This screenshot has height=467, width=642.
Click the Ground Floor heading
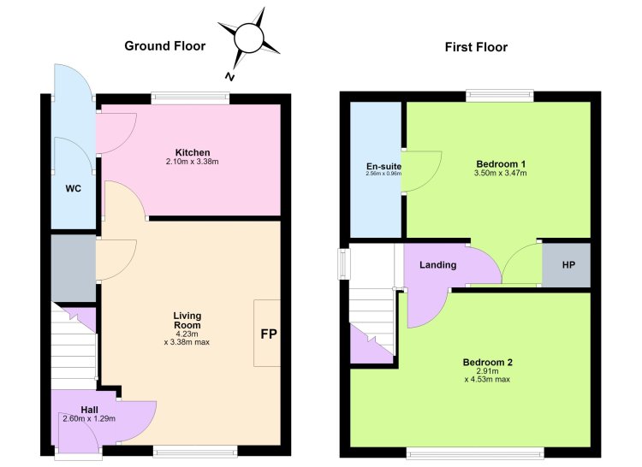click(164, 46)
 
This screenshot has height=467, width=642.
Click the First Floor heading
click(476, 47)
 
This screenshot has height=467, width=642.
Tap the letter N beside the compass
click(229, 76)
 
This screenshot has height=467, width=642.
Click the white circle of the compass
click(248, 38)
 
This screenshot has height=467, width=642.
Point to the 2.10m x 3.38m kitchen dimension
click(192, 162)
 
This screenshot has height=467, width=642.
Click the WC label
click(74, 188)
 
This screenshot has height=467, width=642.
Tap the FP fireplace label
click(269, 334)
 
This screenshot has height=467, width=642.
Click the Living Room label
click(187, 320)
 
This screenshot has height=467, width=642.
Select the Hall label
click(89, 410)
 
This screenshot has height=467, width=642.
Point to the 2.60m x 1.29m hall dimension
click(89, 419)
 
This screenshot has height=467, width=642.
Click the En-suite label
click(383, 167)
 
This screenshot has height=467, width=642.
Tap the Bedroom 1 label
click(501, 164)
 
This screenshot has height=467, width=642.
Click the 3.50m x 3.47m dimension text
click(501, 173)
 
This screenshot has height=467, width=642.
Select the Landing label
click(437, 265)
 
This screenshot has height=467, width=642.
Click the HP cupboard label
click(568, 265)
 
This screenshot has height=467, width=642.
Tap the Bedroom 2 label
click(487, 362)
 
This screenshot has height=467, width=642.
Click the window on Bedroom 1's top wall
click(500, 96)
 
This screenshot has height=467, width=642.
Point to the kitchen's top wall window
click(190, 98)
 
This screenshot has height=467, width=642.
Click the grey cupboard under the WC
click(74, 268)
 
